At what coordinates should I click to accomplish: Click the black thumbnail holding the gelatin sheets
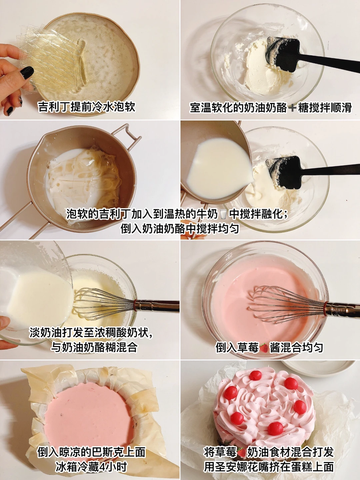pyautogui.click(x=27, y=73)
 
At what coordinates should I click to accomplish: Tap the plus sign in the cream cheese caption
pyautogui.click(x=292, y=108)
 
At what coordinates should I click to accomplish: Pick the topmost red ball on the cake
pyautogui.click(x=256, y=375)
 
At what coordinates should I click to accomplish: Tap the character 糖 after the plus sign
pyautogui.click(x=303, y=108)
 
